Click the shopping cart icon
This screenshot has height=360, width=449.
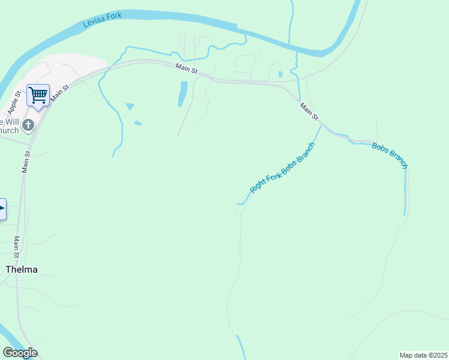tap(38, 95)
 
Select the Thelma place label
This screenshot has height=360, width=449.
tap(22, 269)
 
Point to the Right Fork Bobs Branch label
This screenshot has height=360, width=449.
tap(282, 167)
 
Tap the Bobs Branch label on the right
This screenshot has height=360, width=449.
tap(390, 155)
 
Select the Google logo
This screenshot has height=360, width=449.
tap(20, 353)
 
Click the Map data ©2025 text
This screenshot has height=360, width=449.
tap(424, 355)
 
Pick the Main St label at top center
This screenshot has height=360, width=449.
tap(187, 69)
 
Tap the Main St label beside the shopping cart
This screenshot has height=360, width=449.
tap(61, 92)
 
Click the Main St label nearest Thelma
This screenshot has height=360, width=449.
tap(17, 244)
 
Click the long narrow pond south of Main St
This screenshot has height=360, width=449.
tap(182, 94)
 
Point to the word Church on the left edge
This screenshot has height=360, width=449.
tap(9, 131)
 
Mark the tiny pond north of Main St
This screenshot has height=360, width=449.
tap(280, 75)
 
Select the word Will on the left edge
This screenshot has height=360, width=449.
tap(13, 122)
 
